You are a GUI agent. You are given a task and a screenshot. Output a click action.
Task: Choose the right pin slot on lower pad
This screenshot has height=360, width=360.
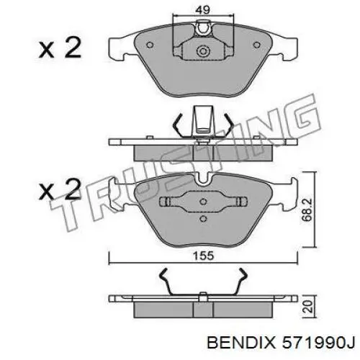coord(239,201)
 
